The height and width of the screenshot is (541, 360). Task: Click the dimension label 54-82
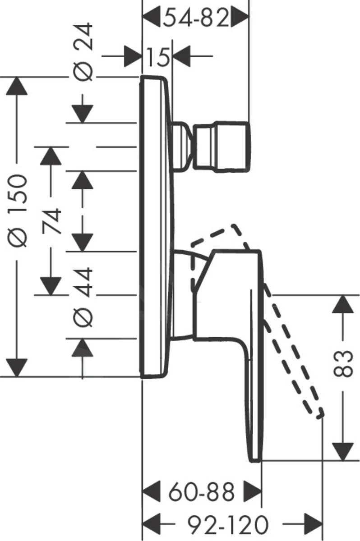tap(196, 18)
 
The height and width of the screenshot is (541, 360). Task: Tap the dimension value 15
tap(157, 57)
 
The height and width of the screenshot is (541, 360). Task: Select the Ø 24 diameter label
tap(83, 52)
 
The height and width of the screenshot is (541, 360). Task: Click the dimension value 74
tap(53, 221)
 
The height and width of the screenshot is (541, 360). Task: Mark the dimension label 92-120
tap(228, 524)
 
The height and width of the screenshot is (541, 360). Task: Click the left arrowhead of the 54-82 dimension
tap(152, 18)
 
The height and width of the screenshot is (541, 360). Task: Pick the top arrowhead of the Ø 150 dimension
tap(17, 86)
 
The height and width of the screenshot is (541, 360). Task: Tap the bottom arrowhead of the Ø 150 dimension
tap(17, 367)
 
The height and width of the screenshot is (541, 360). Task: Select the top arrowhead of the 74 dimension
tap(50, 156)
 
